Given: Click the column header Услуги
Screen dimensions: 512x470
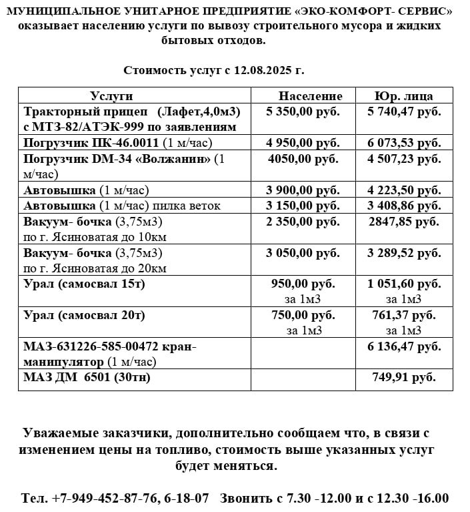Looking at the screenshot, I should (111, 95).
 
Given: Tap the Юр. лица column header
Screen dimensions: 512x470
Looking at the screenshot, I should (404, 95).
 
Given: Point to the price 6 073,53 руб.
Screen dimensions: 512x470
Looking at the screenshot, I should (404, 143).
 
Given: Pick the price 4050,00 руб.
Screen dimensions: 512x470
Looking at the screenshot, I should (303, 159).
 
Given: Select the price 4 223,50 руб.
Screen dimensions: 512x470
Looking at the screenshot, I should (404, 190).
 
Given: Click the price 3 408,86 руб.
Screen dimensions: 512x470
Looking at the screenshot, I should (404, 206).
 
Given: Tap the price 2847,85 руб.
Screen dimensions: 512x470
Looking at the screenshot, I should (404, 222).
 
